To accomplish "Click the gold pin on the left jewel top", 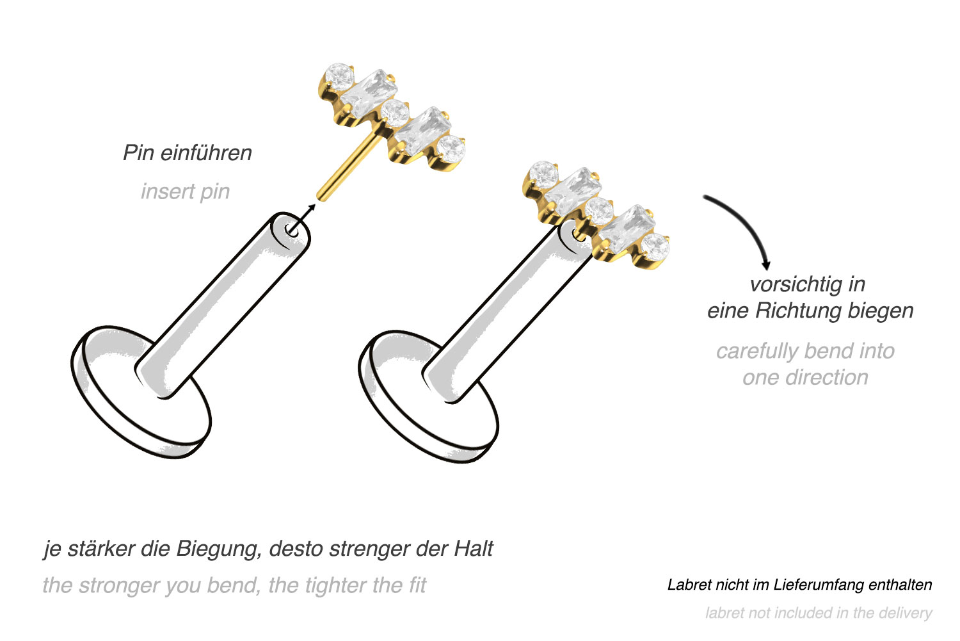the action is (x=348, y=167).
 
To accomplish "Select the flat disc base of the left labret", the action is (x=141, y=393).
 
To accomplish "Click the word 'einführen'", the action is (x=206, y=153).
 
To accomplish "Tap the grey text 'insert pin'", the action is (x=185, y=191).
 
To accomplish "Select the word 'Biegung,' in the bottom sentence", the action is (x=219, y=549).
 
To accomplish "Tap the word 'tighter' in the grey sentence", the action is (x=335, y=586).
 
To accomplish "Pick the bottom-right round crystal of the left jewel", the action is (x=451, y=149).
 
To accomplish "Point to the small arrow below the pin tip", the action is (x=304, y=218).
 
